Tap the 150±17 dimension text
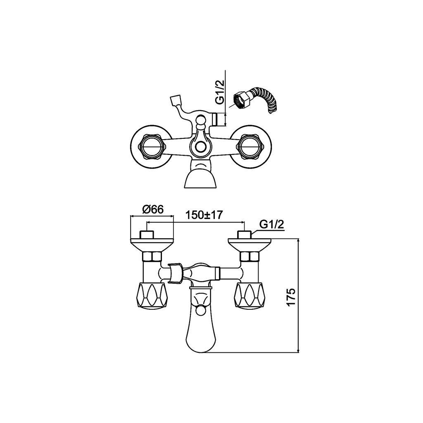[x=204, y=215]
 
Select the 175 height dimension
[x=291, y=297]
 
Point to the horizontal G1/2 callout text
[x=272, y=224]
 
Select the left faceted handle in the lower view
[x=152, y=295]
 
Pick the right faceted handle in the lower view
[x=248, y=295]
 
